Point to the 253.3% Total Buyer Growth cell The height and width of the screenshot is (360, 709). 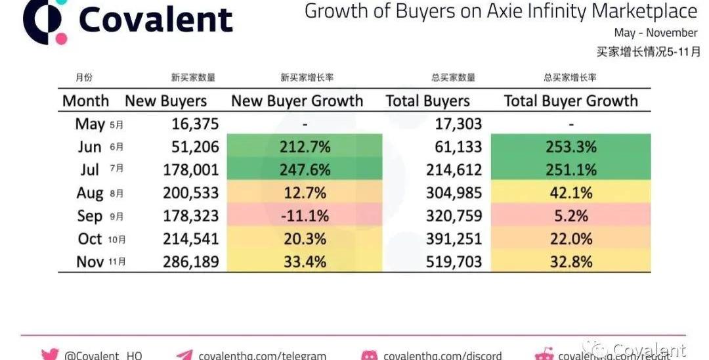tap(570, 146)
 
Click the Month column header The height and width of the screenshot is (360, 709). tap(85, 101)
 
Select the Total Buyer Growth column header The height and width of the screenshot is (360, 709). tap(570, 101)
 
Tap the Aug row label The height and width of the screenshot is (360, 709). tap(91, 192)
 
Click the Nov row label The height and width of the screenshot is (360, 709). tap(91, 261)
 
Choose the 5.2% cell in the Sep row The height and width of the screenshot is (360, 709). tap(570, 215)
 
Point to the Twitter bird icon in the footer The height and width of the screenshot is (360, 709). tap(50, 355)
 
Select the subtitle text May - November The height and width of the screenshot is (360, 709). tap(655, 33)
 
